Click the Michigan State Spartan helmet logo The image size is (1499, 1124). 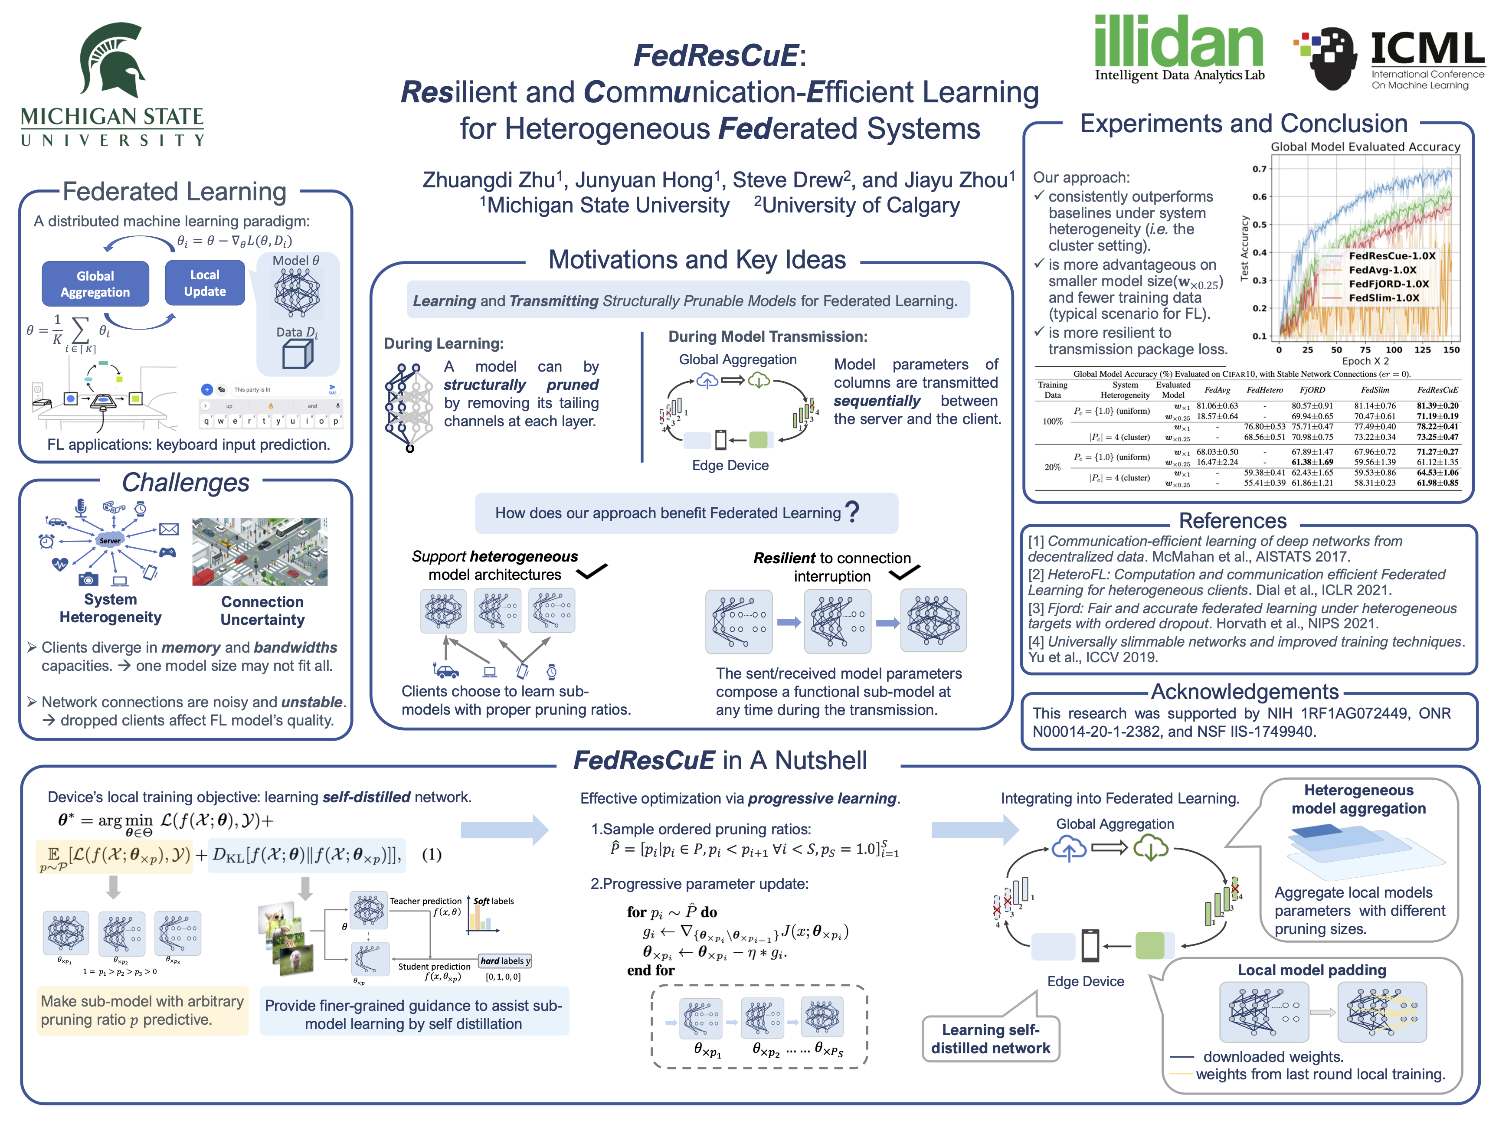point(112,61)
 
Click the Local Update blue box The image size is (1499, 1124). point(205,283)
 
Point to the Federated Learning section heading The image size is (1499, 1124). point(174,192)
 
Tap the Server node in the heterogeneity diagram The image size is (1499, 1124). point(110,541)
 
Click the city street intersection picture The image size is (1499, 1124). point(259,552)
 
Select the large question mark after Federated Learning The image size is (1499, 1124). point(852,512)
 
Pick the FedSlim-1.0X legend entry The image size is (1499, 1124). point(1384,298)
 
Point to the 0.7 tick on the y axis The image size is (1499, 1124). point(1259,169)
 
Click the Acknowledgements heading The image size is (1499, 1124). point(1244,691)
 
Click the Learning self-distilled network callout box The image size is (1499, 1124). point(990,1039)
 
